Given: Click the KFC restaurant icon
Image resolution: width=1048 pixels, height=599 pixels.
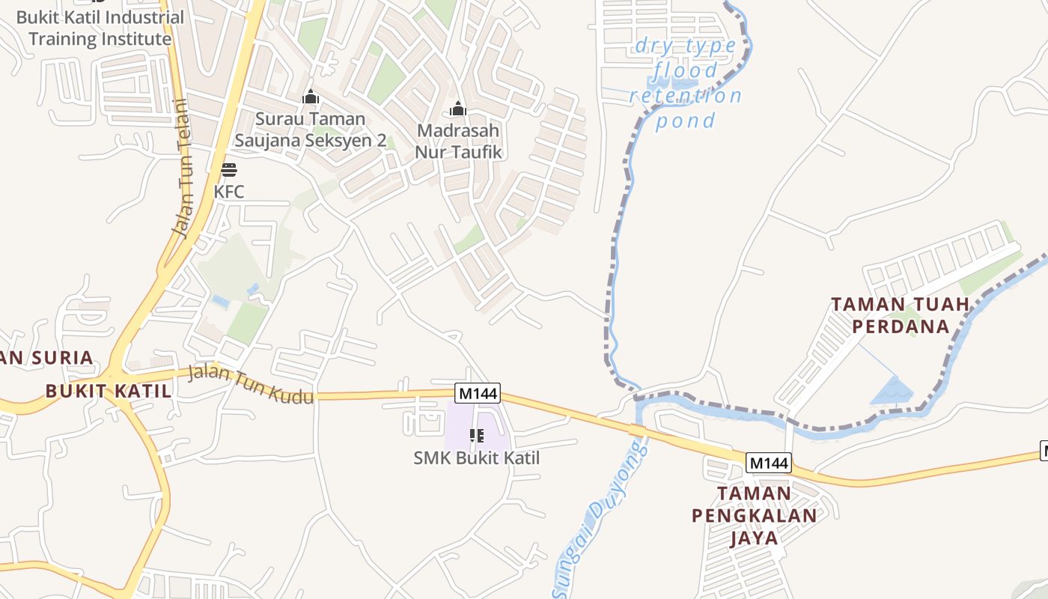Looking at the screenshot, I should tap(229, 170).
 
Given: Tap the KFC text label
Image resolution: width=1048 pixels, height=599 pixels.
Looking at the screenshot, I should tap(229, 192).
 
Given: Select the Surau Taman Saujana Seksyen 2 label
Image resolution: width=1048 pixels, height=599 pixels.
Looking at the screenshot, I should tap(311, 130).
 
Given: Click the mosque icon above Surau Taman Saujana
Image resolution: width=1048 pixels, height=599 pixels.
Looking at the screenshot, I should tap(311, 97).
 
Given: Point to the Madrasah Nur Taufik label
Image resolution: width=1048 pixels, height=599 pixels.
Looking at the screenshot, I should tap(458, 141).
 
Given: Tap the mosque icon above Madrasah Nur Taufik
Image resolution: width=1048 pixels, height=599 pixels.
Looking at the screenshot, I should tap(458, 109).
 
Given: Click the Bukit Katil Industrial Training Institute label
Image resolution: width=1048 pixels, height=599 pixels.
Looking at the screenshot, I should tap(100, 28).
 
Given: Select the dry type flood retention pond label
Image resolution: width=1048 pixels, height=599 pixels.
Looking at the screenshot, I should tap(685, 83).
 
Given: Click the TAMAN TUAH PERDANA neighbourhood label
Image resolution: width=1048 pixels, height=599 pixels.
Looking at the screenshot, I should tap(901, 315).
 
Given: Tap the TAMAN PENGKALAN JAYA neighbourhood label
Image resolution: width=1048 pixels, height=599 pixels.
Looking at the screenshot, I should tap(755, 515).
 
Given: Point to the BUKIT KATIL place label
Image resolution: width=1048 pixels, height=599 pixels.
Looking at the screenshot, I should tap(109, 391).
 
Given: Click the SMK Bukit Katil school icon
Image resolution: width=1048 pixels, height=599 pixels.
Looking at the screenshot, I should tap(477, 435).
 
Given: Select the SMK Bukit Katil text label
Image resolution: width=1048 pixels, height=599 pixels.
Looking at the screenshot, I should tap(477, 457).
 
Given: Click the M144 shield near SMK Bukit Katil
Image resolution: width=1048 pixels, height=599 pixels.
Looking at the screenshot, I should tap(478, 392).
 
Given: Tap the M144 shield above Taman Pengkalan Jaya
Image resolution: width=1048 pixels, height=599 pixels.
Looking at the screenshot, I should tap(769, 463).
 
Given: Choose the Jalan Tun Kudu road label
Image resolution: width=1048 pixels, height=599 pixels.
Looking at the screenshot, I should tap(251, 384).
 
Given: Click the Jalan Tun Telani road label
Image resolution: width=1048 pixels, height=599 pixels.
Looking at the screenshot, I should tap(183, 168).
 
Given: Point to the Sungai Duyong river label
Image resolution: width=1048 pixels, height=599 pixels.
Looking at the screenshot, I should tap(600, 519).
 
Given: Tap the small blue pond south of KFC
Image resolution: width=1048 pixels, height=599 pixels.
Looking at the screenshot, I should tap(220, 301).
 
